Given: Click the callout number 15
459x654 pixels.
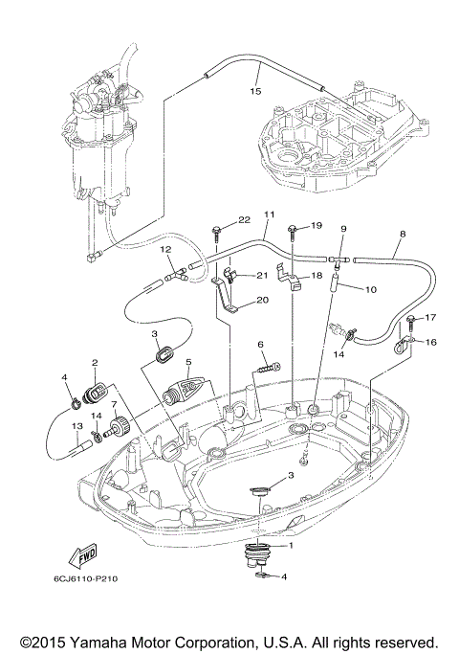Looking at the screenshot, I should tap(254, 92).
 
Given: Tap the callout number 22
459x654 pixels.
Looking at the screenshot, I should tap(217, 219).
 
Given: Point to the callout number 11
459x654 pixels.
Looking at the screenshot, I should tap(269, 216).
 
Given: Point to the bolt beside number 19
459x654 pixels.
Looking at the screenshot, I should tap(289, 226).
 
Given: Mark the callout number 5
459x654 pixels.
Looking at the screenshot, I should tap(189, 362).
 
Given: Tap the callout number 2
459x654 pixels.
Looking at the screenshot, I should tap(96, 363).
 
